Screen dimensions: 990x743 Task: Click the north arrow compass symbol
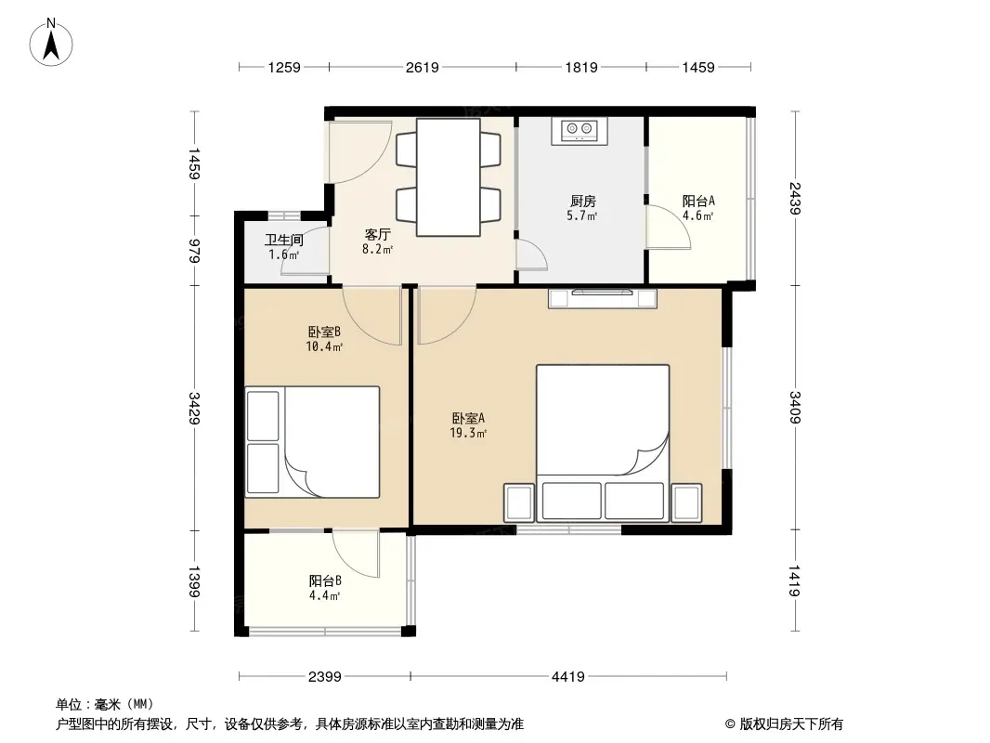[x=51, y=43]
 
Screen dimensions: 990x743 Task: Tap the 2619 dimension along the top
[x=423, y=67]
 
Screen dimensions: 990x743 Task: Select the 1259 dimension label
[x=284, y=67]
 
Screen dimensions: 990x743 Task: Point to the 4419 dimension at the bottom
[x=568, y=677]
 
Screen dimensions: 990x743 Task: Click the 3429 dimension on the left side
[x=194, y=408]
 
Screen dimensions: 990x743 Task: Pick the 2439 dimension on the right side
[x=795, y=198]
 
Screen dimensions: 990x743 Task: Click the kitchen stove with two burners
[x=580, y=131]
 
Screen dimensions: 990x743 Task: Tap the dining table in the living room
[x=449, y=177]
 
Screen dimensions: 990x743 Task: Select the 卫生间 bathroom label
[x=283, y=240]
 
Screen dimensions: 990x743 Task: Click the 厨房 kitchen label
[x=582, y=202]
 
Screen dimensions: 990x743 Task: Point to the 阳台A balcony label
[x=698, y=202]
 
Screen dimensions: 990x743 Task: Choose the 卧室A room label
[x=468, y=419]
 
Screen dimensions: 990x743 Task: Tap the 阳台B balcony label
[x=325, y=580]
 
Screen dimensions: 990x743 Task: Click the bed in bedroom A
[x=603, y=443]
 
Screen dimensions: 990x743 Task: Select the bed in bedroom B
[x=313, y=442]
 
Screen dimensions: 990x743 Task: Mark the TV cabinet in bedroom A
[x=603, y=298]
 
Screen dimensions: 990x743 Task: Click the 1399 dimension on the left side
[x=194, y=581]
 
